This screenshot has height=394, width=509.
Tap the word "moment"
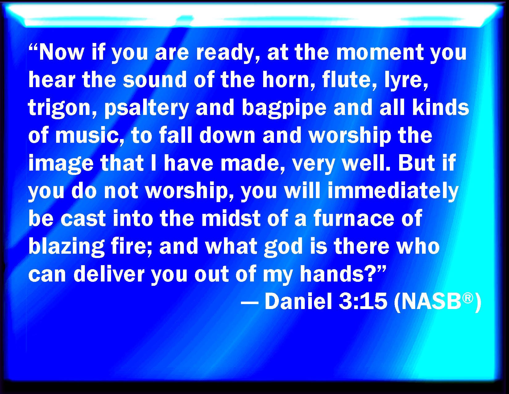point(380,52)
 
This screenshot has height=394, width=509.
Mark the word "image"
point(61,164)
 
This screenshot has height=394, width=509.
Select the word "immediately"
point(393,191)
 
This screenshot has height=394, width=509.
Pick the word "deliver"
point(109,274)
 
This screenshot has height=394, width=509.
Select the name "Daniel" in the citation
point(299,302)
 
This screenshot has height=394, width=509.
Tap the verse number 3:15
point(363,302)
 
